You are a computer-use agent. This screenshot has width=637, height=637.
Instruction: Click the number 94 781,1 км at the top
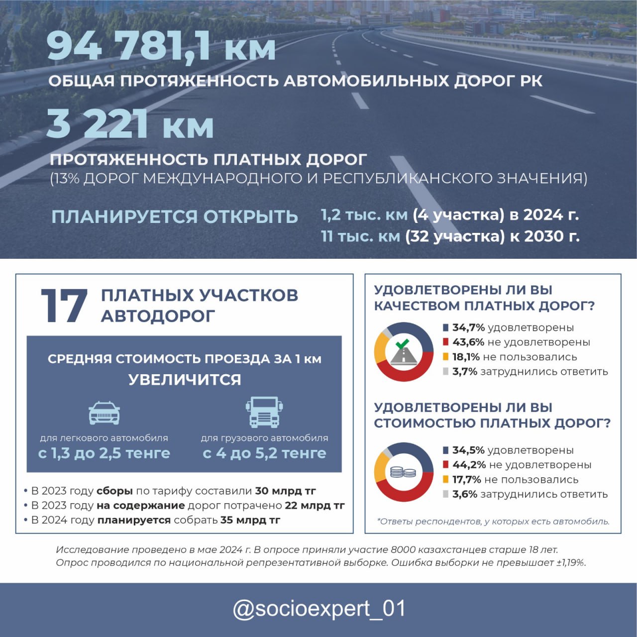point(161,47)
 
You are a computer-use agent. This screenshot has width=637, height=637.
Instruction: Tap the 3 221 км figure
point(130,124)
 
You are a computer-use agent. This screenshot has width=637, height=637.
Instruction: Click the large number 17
point(64,306)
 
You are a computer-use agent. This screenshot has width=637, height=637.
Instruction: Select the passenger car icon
point(104,413)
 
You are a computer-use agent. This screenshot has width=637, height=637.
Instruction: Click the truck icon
point(264,412)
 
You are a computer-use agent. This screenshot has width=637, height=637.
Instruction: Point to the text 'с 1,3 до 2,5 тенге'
point(104,453)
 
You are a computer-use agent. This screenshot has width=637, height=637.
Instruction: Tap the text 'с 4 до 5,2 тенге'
point(264,453)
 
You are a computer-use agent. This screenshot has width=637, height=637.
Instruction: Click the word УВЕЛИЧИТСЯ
point(185,380)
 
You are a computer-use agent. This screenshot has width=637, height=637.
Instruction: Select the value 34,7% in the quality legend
point(468,327)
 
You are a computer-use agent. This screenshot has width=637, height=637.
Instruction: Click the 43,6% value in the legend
point(468,342)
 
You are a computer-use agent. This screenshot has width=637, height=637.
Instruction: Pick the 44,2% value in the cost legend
point(469,465)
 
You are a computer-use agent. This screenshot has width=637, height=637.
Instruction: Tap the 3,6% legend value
point(465,494)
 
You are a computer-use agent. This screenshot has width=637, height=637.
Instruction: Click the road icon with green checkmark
point(404,352)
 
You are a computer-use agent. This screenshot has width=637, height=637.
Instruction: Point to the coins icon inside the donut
point(403,472)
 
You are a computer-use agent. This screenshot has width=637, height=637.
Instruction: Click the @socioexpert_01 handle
point(319,609)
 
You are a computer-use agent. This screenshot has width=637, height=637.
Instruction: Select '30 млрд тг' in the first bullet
point(285,491)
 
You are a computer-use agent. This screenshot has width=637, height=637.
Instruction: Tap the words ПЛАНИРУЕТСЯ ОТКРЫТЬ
point(175,217)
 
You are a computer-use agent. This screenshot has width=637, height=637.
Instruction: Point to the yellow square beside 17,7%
point(446,479)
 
